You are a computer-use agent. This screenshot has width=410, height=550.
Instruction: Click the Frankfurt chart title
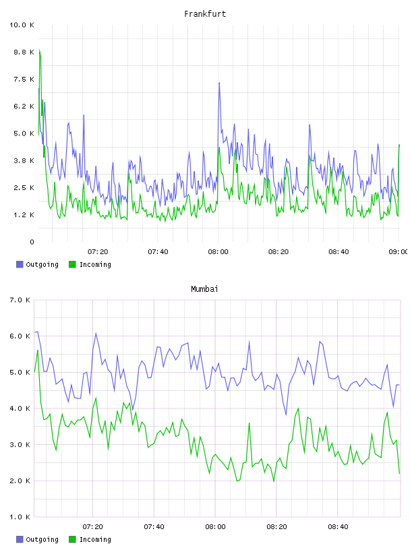coord(205,14)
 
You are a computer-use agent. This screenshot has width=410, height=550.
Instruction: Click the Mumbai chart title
coord(204,289)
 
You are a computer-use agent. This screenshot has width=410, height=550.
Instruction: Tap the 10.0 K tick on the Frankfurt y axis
coord(22,25)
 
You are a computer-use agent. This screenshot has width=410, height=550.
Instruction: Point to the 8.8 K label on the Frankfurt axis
coord(24,53)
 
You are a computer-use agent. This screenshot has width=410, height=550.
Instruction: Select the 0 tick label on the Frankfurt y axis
coord(32,242)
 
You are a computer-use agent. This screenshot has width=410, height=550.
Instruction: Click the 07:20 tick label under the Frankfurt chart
coord(98,252)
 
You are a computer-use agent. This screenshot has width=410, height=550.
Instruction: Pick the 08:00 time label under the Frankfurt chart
coord(218,252)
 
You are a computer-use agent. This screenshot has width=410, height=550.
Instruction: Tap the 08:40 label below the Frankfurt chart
coord(339,252)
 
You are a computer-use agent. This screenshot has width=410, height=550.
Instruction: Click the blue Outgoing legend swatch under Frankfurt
coord(20,264)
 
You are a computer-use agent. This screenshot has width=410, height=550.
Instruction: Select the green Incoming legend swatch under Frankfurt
coord(72,264)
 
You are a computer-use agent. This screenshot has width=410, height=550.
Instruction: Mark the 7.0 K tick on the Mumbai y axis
coord(20,300)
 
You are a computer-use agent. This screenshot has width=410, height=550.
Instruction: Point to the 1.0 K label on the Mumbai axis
coord(20,517)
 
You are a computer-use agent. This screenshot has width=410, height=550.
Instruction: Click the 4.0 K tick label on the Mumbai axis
coord(20,408)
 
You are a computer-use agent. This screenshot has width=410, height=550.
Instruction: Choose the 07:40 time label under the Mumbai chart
coord(154,527)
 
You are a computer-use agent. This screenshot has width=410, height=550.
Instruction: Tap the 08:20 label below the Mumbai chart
coord(276,527)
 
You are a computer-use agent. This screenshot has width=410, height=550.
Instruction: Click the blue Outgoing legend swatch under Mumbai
coord(20,539)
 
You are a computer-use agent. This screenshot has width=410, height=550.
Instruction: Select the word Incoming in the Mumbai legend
coord(95,539)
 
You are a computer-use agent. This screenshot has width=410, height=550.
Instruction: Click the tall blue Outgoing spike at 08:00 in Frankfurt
coord(219,84)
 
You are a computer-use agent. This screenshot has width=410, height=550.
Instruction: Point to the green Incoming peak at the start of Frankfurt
coord(40,50)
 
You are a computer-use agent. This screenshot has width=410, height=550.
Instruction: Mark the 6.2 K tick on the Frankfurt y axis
coord(24,106)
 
